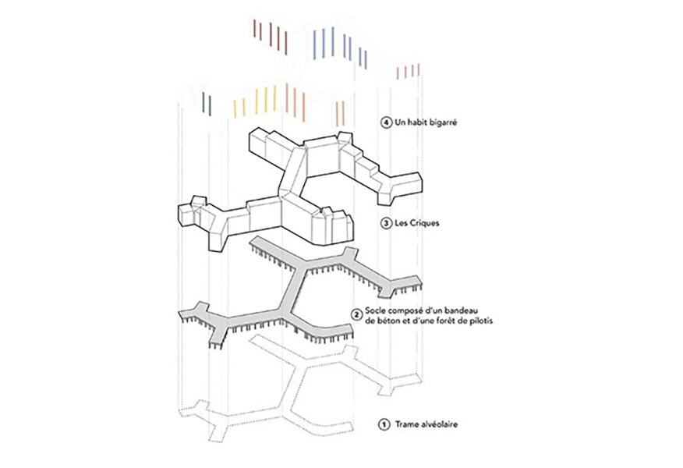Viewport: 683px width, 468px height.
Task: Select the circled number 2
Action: coord(357,314)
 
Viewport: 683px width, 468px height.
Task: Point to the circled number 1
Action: coord(382,425)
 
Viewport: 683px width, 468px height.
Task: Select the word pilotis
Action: coord(480,321)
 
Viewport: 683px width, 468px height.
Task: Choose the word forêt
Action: coord(447,321)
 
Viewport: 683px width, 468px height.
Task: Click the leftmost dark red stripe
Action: coord(254,30)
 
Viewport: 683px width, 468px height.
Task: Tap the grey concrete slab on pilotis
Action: coord(293,289)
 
